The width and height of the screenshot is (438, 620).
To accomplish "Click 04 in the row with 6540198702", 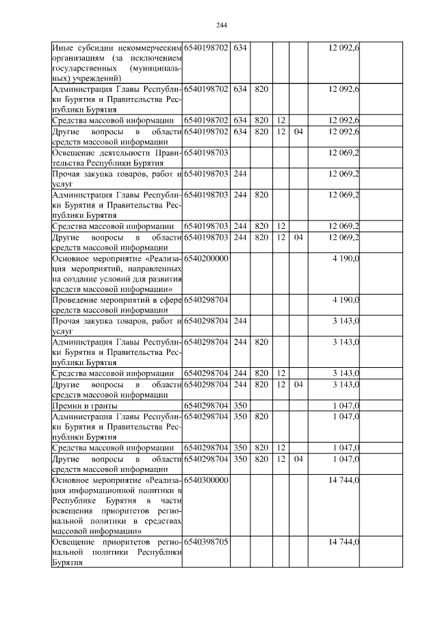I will [298, 132].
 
